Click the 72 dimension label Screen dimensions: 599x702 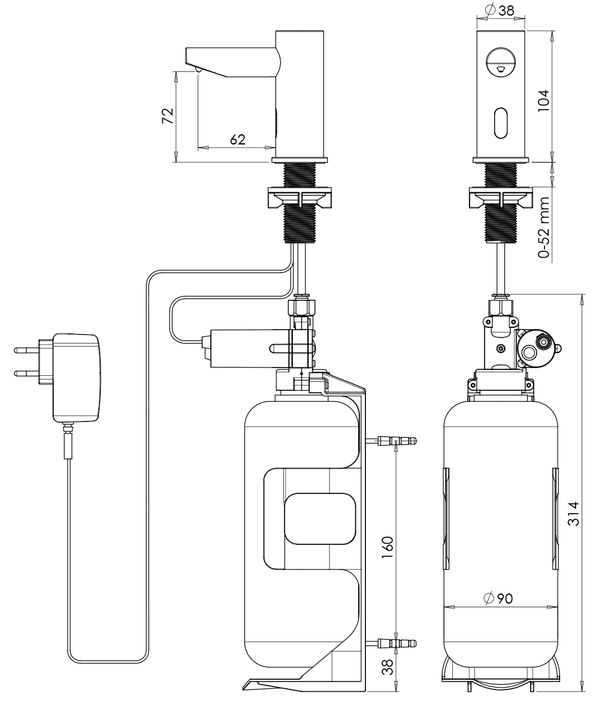(167, 116)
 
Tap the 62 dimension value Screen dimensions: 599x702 (238, 140)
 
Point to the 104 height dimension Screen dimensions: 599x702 (543, 101)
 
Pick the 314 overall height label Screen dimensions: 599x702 (573, 513)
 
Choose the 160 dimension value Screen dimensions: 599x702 (388, 547)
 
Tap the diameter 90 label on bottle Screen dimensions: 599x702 (498, 598)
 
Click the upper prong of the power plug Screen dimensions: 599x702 (26, 350)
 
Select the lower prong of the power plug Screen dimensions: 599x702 (26, 372)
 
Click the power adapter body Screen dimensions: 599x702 (76, 378)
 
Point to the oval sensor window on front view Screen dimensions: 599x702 (501, 122)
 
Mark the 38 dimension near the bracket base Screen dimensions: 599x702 (388, 667)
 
